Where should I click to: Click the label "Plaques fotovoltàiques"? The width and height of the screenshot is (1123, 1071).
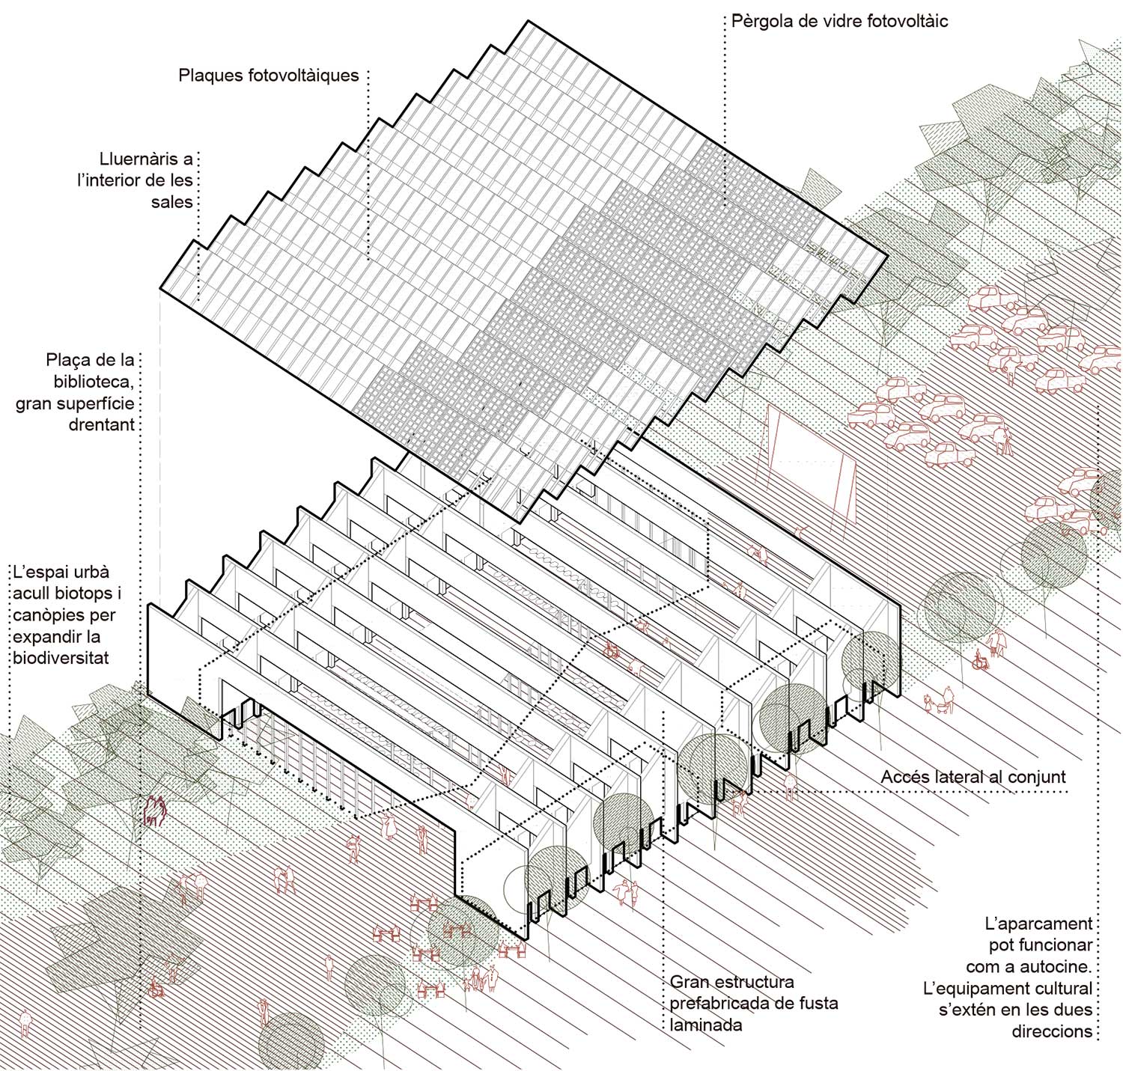click(x=269, y=76)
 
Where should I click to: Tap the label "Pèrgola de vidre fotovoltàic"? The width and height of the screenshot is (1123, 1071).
click(x=839, y=21)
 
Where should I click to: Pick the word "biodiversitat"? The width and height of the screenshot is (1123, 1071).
click(x=61, y=658)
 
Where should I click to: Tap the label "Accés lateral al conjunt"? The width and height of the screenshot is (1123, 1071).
click(x=973, y=776)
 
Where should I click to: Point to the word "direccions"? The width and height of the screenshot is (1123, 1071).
click(x=1052, y=1031)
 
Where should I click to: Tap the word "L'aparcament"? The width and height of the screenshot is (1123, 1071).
click(x=1038, y=924)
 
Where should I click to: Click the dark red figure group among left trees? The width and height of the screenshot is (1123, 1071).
click(x=155, y=811)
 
